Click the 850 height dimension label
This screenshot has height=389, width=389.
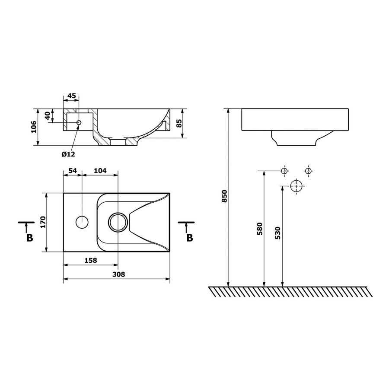click(224, 197)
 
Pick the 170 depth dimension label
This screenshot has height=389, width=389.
click(42, 222)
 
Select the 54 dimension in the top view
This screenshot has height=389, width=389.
click(72, 171)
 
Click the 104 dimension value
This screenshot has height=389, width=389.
click(100, 171)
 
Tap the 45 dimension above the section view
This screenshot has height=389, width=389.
click(71, 96)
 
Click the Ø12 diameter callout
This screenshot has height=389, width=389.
click(68, 154)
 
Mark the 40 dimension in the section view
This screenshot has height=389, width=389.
click(48, 116)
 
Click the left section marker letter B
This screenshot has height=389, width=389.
click(29, 238)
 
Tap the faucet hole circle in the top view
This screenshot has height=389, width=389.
click(82, 222)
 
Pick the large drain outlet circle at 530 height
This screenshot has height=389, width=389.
click(296, 186)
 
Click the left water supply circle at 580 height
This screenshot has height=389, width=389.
click(284, 171)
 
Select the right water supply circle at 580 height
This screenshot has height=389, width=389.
click(308, 171)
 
